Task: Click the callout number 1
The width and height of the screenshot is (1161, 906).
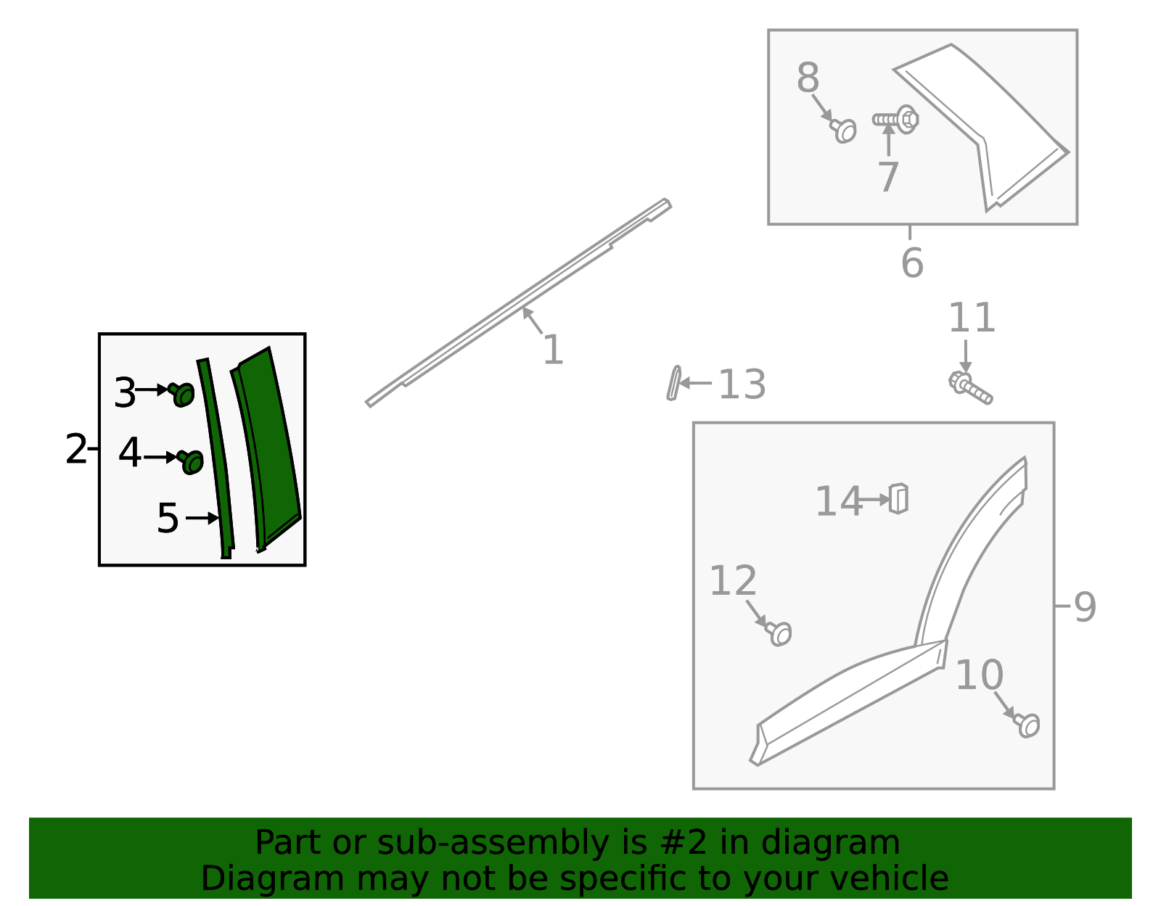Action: click(x=553, y=350)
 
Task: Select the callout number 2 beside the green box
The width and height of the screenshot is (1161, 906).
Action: click(x=76, y=449)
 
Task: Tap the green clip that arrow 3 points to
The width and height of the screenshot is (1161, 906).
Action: click(x=181, y=395)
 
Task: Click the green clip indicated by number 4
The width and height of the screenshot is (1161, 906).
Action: click(x=191, y=462)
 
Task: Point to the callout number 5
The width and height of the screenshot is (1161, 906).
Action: click(x=168, y=518)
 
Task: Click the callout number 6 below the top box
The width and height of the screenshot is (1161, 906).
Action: click(x=912, y=263)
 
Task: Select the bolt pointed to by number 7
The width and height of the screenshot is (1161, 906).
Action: click(x=896, y=120)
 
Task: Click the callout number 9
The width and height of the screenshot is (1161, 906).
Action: click(x=1085, y=607)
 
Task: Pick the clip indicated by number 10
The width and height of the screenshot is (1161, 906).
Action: click(x=1027, y=725)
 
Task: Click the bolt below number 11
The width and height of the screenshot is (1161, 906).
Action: click(x=971, y=389)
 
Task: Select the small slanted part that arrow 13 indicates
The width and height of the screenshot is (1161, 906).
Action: click(x=673, y=383)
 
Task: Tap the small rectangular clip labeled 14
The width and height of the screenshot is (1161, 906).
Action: click(x=898, y=499)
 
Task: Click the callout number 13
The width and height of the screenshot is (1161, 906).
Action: click(x=742, y=384)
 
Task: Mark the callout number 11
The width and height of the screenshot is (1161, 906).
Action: click(x=972, y=318)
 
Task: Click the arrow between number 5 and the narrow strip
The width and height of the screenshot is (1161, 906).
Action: click(x=202, y=518)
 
